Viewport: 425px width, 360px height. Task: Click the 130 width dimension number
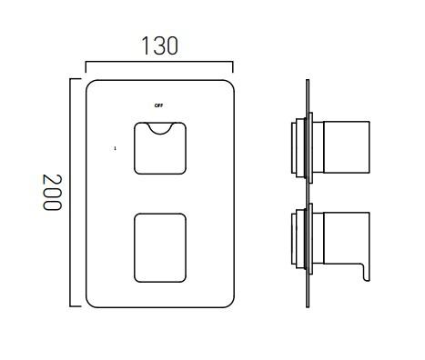click(158, 45)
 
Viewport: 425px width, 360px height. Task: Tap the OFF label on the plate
click(159, 105)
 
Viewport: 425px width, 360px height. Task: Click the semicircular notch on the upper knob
click(159, 128)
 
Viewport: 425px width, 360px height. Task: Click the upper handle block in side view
click(344, 147)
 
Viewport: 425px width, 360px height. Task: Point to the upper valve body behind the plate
click(298, 146)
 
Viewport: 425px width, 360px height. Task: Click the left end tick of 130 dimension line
click(86, 66)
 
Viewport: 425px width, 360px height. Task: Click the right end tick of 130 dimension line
click(233, 66)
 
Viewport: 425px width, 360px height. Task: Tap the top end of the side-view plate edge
click(308, 81)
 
